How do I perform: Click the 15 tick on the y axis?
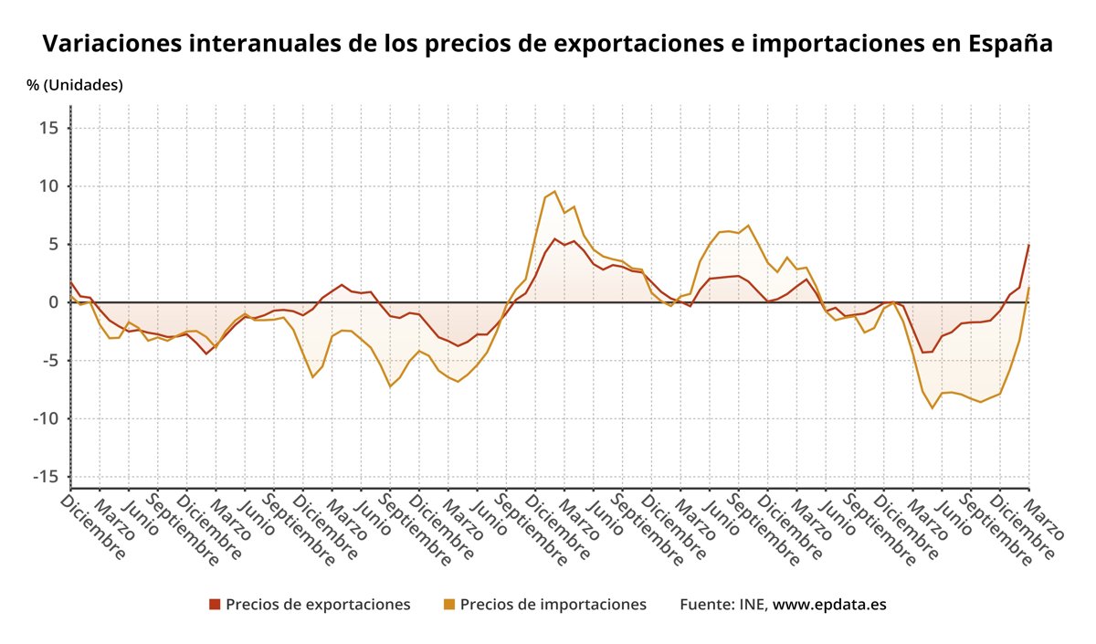click(x=48, y=128)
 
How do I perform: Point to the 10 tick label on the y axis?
click(x=48, y=186)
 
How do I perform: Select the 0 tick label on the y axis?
click(x=54, y=302)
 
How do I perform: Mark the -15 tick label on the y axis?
click(x=45, y=477)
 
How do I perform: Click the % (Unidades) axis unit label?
click(x=75, y=85)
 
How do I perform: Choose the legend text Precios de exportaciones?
click(x=318, y=605)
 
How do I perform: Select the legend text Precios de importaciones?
click(x=553, y=605)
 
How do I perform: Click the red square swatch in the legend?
click(x=215, y=605)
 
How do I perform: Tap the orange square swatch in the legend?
click(x=448, y=605)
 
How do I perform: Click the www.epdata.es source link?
click(x=829, y=605)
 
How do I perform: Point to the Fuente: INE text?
click(x=723, y=605)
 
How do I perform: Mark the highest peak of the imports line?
click(x=555, y=191)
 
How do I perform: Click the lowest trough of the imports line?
click(x=933, y=407)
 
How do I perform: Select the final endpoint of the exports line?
click(x=1029, y=244)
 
